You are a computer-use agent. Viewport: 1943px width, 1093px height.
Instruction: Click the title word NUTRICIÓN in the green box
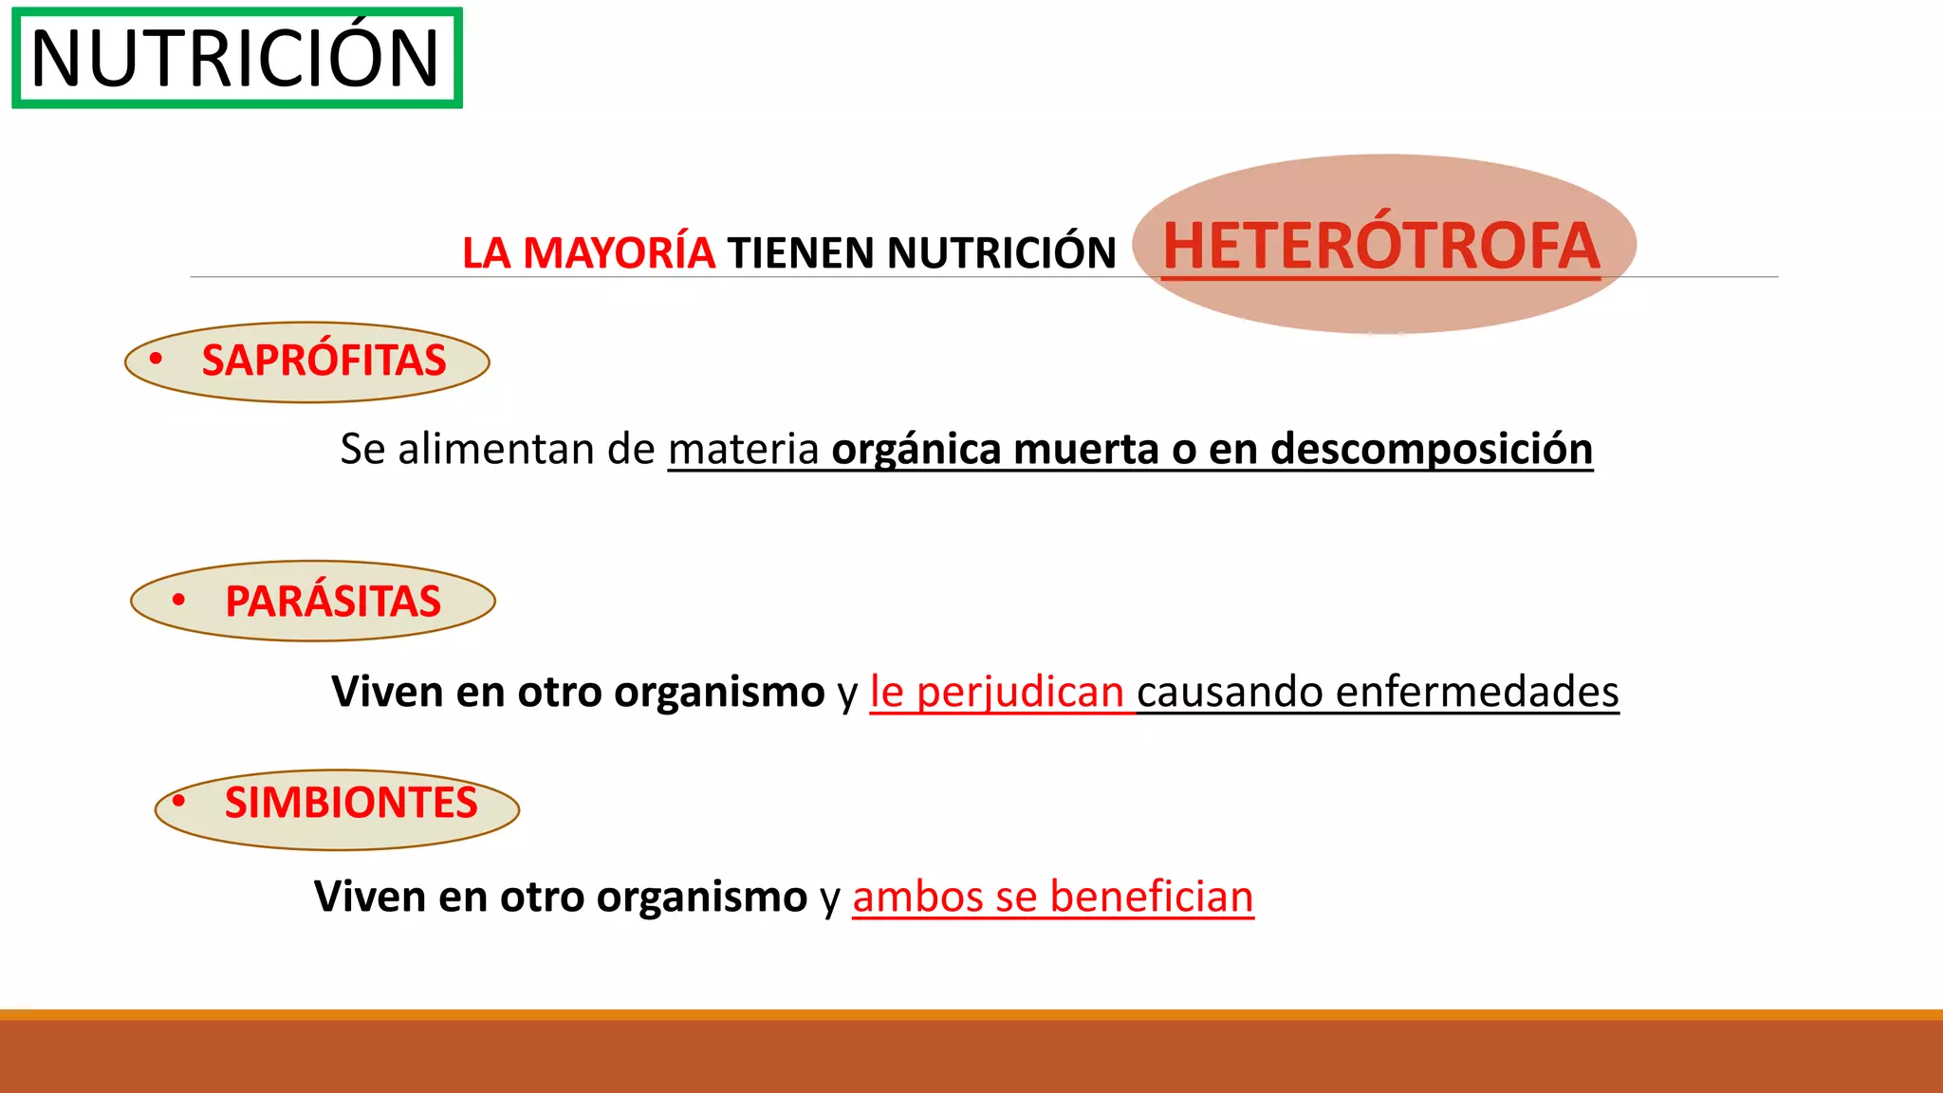pos(235,59)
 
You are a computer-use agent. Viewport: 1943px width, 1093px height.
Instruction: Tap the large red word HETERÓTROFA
pos(1381,246)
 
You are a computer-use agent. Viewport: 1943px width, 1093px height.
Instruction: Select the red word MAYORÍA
pos(619,253)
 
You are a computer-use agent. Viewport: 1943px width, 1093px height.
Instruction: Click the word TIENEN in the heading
pos(801,253)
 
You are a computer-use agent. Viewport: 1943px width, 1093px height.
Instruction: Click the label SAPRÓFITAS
pos(324,361)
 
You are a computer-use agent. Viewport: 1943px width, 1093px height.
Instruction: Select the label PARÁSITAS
pos(333,602)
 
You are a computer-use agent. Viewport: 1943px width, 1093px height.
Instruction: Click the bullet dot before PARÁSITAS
pos(178,600)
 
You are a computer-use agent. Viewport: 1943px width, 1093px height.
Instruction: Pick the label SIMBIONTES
pos(351,803)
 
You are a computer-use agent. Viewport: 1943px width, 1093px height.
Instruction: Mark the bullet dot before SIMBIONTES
pos(178,801)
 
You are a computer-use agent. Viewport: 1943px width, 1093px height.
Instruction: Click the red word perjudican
pos(1020,692)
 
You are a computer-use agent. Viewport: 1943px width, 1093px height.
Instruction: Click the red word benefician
pos(1152,897)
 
